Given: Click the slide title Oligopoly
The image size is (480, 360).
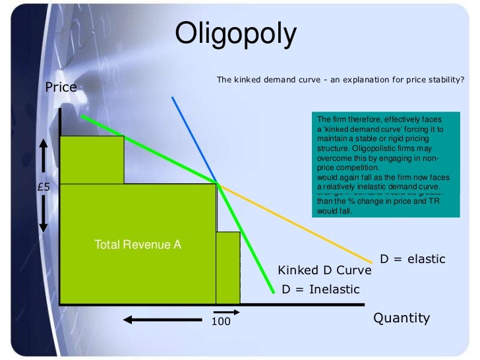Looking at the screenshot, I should point(236,35).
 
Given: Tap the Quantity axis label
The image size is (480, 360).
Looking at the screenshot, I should point(402,318).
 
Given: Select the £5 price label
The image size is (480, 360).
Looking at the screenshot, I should point(44,187).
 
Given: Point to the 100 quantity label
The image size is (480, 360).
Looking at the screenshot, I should point(220,321).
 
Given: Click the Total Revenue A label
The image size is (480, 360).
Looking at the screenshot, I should point(138,245).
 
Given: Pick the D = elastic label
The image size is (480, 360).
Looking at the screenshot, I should point(413,259).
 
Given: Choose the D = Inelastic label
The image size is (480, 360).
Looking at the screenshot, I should point(320,289).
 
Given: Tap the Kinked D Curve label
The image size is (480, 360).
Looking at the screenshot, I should point(324,271).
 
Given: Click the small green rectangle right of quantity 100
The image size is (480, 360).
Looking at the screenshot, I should point(228,267).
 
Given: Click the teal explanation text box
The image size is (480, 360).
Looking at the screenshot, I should point(384,165).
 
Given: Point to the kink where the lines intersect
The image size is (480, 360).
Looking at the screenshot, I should point(216,183).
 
